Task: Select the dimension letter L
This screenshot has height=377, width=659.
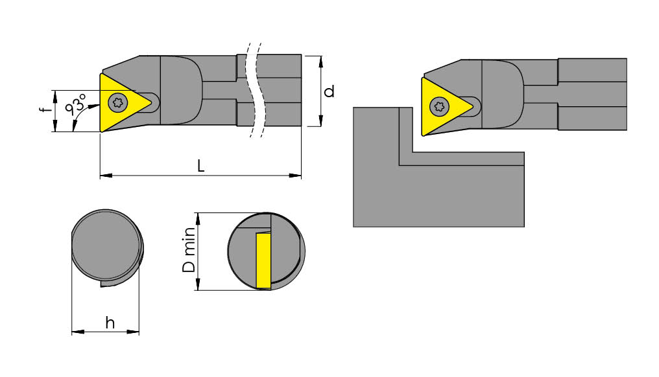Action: click(x=200, y=166)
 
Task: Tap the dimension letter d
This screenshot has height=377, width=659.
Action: click(x=329, y=91)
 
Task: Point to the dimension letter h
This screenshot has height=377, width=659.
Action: click(x=110, y=323)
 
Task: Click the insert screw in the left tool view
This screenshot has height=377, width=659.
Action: click(x=117, y=101)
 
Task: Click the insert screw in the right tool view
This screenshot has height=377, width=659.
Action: click(x=439, y=106)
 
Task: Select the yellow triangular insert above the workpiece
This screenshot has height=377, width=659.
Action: click(x=441, y=106)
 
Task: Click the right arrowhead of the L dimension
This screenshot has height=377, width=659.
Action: click(x=298, y=175)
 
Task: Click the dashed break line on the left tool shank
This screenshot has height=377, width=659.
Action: click(x=254, y=91)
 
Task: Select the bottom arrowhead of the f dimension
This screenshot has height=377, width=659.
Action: click(x=55, y=128)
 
